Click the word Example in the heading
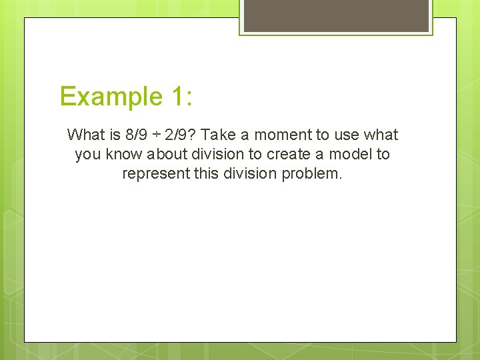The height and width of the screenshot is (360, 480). pyautogui.click(x=107, y=97)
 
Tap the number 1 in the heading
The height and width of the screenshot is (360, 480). pyautogui.click(x=176, y=97)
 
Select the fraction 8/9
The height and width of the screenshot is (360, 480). pyautogui.click(x=137, y=135)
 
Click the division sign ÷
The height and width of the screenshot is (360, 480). pyautogui.click(x=155, y=135)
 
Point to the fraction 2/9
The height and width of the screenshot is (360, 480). pyautogui.click(x=176, y=135)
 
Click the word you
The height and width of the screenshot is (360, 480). pyautogui.click(x=87, y=155)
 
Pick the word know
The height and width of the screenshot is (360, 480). pyautogui.click(x=121, y=155)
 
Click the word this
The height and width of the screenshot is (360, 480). pyautogui.click(x=203, y=174)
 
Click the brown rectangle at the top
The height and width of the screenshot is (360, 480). pyautogui.click(x=336, y=15)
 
